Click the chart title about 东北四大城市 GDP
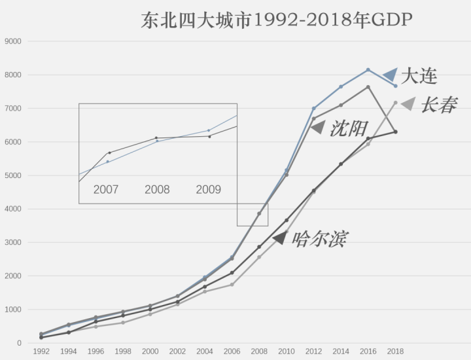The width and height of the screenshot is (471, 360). click(276, 20)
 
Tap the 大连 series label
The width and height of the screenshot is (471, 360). click(419, 76)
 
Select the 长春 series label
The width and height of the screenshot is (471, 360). click(438, 105)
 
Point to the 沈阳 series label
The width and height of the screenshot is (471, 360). click(349, 128)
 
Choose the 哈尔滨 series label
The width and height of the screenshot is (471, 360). click(319, 238)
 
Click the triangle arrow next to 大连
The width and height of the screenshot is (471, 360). click(391, 75)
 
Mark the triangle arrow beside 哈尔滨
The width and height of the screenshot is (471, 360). click(280, 239)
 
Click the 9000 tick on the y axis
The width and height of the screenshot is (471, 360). click(13, 41)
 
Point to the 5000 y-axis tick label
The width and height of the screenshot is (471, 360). click(13, 175)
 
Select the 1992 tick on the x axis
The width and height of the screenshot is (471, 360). click(41, 351)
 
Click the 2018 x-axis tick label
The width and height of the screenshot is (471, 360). click(395, 351)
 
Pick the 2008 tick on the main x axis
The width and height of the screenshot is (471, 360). click(259, 351)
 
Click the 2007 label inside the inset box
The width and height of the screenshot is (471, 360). click(106, 190)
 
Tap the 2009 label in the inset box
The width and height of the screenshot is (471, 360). click(209, 190)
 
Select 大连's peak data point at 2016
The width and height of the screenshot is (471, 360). click(368, 69)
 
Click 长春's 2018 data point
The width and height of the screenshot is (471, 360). click(395, 102)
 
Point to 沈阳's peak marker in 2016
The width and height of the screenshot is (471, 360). click(368, 87)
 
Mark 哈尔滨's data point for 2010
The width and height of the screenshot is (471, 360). click(287, 220)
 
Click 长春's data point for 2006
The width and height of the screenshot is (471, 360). click(232, 284)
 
